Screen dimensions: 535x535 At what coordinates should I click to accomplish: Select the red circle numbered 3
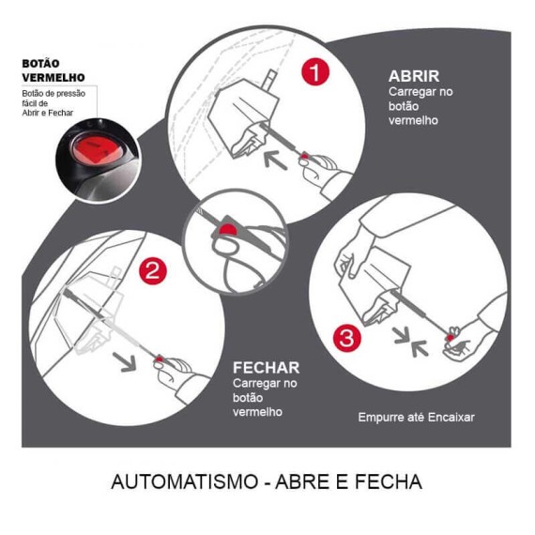(346, 339)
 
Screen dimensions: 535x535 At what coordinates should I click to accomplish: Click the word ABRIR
(414, 76)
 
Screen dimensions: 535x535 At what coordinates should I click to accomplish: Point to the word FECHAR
(266, 368)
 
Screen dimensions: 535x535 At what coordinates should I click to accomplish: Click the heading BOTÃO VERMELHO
(53, 70)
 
